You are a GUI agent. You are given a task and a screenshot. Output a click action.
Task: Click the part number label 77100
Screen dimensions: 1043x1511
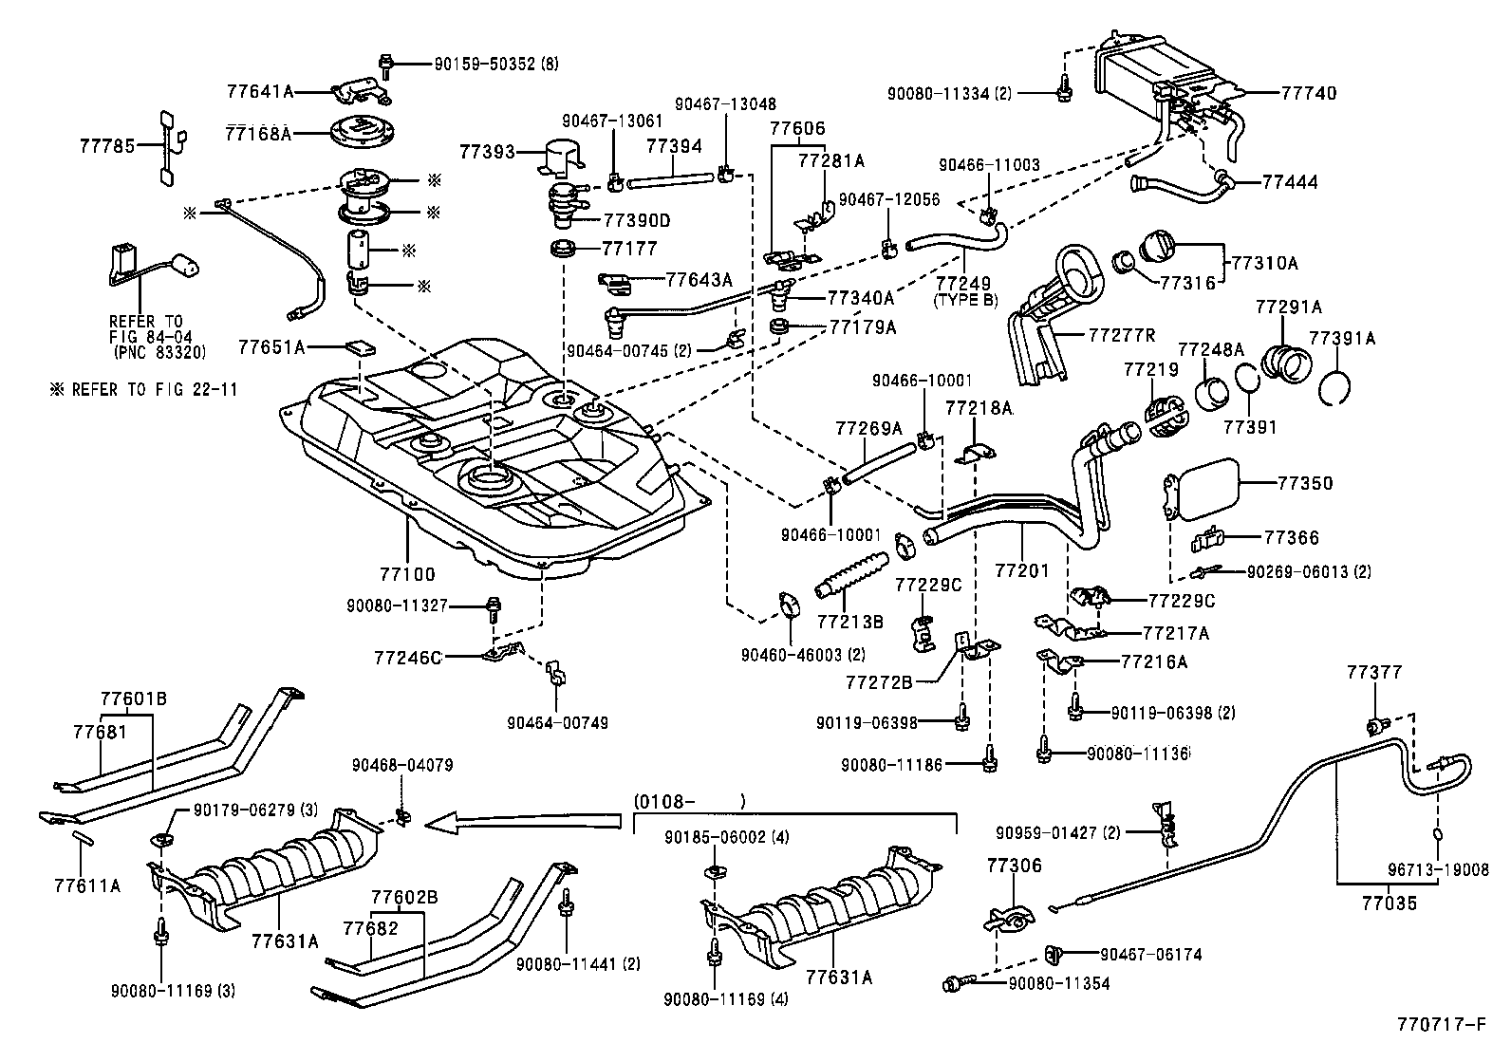(408, 575)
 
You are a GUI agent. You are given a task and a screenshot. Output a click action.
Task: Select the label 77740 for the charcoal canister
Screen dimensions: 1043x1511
(1308, 93)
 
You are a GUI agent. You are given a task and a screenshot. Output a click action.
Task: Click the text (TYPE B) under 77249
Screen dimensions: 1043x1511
(966, 300)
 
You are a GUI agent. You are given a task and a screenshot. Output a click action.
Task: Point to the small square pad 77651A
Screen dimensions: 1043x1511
(359, 346)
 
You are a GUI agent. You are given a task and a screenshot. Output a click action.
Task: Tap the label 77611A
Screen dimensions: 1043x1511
(87, 885)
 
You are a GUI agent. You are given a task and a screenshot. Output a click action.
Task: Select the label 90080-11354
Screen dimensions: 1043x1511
(1058, 984)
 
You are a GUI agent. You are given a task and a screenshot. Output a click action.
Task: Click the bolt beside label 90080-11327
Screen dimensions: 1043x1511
(493, 607)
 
